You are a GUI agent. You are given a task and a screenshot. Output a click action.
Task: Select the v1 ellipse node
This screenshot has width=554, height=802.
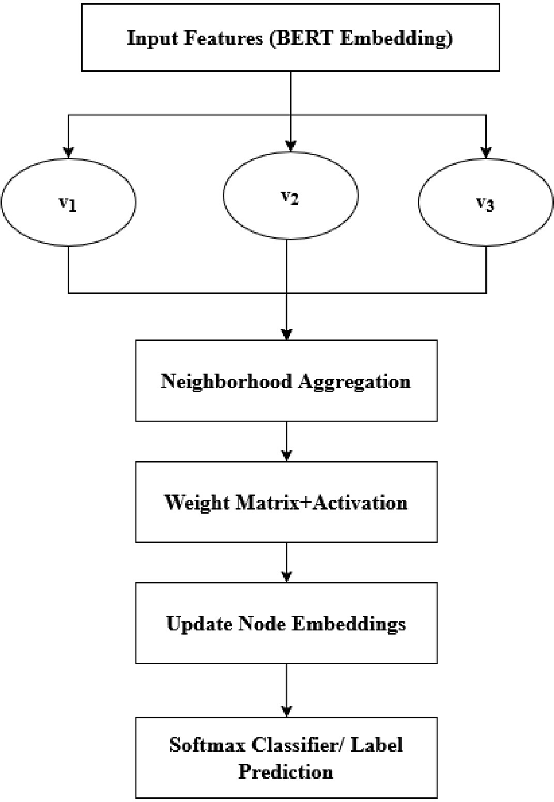(68, 202)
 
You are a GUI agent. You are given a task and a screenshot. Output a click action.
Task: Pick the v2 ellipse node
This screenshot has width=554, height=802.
(290, 195)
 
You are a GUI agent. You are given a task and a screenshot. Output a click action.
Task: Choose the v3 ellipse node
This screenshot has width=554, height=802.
(486, 202)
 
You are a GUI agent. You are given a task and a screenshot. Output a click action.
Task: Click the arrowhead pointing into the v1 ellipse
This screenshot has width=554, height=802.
(68, 153)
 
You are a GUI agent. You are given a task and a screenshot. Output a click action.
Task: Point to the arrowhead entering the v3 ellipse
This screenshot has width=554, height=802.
(486, 153)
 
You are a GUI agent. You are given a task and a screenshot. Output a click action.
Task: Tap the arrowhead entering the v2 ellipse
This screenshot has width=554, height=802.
(290, 146)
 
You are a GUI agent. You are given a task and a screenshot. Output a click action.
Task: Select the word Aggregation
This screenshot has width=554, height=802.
(355, 382)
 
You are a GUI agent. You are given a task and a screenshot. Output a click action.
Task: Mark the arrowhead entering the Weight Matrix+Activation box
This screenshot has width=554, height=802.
(286, 456)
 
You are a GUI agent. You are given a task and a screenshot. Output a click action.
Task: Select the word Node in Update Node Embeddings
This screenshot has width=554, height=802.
(262, 624)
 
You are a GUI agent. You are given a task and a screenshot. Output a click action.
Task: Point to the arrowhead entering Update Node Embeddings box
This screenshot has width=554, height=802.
(286, 577)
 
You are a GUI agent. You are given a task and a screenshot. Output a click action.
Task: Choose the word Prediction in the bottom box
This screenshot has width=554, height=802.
(286, 772)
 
